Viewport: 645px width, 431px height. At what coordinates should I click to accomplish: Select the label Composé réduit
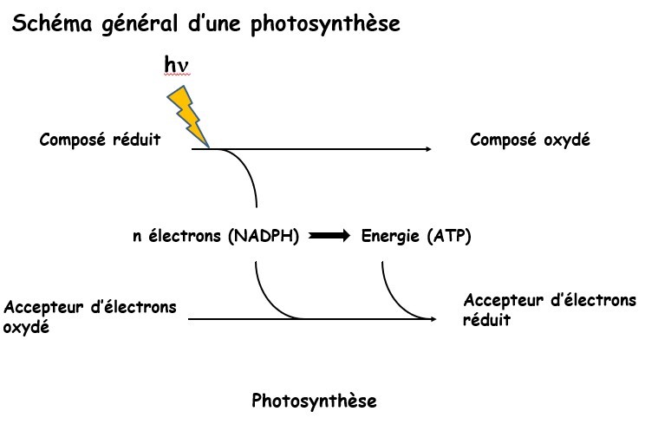(x=100, y=140)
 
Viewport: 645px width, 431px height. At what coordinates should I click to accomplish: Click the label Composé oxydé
(x=530, y=140)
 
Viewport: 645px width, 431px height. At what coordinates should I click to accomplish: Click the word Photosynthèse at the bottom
(x=315, y=402)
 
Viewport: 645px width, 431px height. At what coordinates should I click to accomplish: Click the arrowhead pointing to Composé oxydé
(x=427, y=150)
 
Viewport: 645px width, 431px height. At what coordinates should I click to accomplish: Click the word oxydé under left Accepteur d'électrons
(x=27, y=329)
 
